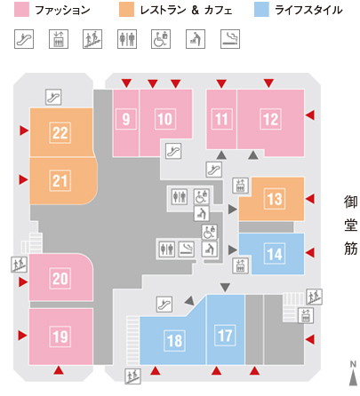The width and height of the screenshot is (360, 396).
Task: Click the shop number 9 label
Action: click(x=126, y=119)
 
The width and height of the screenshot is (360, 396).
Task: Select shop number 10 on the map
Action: click(x=165, y=119)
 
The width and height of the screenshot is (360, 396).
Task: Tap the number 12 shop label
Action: click(x=270, y=119)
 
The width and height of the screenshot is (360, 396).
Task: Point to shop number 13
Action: click(x=275, y=199)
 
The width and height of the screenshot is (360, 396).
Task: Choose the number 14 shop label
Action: click(x=275, y=254)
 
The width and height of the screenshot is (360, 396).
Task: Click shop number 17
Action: click(x=225, y=336)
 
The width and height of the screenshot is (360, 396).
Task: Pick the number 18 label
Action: click(x=174, y=341)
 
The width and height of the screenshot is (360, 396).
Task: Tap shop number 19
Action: click(x=60, y=337)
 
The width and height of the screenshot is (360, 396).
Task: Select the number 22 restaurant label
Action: click(x=60, y=132)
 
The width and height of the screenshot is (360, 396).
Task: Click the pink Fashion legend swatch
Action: click(x=21, y=10)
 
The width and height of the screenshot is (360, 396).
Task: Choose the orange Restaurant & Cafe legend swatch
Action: click(x=126, y=10)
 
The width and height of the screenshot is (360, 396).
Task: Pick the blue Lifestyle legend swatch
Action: click(x=261, y=10)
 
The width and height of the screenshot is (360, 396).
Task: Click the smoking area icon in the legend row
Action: click(x=230, y=39)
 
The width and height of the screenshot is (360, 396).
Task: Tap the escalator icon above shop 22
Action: click(x=53, y=97)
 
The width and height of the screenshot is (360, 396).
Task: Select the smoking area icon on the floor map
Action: click(x=187, y=249)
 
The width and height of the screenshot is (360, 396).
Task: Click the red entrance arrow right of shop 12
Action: click(x=310, y=115)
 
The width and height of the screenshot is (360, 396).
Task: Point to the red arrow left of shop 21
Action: click(x=24, y=179)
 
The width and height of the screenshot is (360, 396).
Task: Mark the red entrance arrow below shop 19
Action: click(x=59, y=370)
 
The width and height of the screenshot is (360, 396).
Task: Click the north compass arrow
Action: click(x=353, y=378)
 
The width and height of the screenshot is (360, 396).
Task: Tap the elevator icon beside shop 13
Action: click(x=240, y=186)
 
